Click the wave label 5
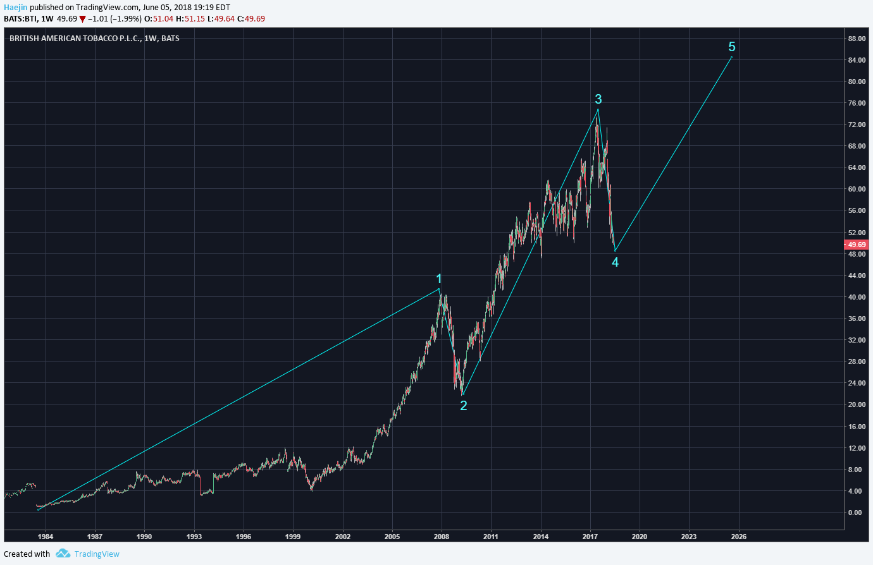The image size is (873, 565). coord(732,47)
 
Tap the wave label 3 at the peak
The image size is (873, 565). coord(598,99)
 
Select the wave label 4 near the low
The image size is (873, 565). coord(615,262)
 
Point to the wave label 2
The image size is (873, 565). coord(464,406)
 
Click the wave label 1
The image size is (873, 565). coord(439,279)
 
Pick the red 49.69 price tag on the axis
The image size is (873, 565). coord(857,245)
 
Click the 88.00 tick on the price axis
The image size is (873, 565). coord(857,39)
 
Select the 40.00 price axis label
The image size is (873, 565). coord(857,297)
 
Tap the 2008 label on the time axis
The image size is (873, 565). coord(442,537)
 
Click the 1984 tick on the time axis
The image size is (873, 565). coord(46,537)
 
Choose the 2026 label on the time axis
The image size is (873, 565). coord(738,537)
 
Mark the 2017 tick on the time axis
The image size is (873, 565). coord(590,537)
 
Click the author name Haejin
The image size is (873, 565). coord(15,8)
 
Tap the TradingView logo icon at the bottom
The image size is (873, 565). coord(63,554)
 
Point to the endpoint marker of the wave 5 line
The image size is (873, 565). coord(731,58)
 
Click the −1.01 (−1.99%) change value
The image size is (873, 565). coord(115,19)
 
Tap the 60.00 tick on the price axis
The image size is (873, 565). coord(857,189)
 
